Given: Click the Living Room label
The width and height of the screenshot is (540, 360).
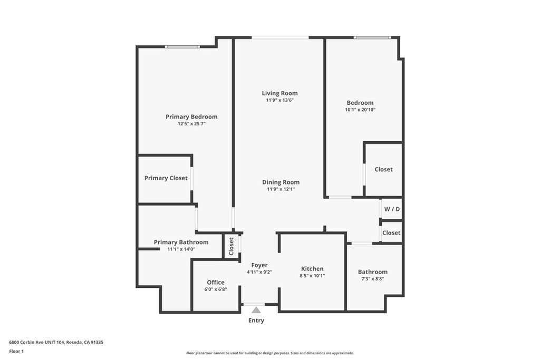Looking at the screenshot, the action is tap(279, 93).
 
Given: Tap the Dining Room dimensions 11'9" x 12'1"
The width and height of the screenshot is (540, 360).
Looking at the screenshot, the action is tap(281, 189).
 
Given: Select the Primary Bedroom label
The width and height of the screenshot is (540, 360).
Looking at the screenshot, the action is tap(191, 117).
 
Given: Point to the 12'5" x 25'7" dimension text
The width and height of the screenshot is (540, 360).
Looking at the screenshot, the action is tap(191, 124).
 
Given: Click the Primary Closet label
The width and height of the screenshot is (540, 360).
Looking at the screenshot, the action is tap(166, 178).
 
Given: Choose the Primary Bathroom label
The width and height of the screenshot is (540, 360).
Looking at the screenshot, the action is tap(181, 242).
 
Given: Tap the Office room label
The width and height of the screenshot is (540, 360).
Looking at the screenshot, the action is tap(216, 283).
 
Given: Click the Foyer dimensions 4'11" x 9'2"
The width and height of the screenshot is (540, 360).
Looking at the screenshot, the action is tap(259, 272).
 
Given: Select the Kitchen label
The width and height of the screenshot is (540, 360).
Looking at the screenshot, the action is tap(312, 269).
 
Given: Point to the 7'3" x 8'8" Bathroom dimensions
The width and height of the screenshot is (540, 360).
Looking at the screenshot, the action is tap(373, 279).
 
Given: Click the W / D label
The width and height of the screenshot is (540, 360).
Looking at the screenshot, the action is tap(392, 209).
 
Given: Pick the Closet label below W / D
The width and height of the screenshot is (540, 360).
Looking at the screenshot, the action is tap(391, 233).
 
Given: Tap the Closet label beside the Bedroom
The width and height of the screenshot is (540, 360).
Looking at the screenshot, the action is tap(384, 169).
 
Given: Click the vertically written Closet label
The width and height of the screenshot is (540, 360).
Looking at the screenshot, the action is tap(231, 246).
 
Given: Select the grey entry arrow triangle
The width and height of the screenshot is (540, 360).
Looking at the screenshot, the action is tap(256, 310).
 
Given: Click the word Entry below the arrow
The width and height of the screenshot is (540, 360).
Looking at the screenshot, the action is tap(256, 321).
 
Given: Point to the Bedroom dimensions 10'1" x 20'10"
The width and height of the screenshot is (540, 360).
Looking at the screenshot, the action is tap(360, 110).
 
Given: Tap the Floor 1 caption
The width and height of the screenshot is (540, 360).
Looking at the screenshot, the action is tap(16, 352).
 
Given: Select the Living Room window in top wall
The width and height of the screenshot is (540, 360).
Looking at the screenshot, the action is tap(280, 37).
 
